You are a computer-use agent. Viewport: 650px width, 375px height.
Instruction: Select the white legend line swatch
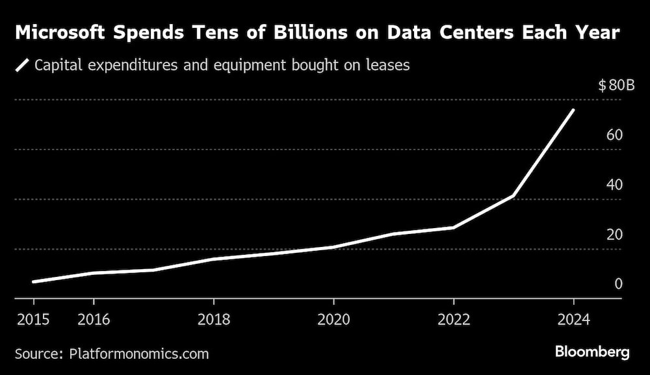23,65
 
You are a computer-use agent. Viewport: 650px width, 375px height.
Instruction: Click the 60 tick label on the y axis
615,135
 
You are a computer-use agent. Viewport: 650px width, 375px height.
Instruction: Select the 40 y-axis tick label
615,185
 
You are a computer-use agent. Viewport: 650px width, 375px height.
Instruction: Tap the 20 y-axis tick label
615,235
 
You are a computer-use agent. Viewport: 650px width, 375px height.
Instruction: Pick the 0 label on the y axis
619,284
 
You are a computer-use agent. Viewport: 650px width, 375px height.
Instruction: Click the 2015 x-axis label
34,319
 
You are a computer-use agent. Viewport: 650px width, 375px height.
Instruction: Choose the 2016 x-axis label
94,319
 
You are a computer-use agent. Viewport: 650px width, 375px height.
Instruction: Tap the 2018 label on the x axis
213,319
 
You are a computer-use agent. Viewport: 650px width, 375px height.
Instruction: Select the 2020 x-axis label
333,319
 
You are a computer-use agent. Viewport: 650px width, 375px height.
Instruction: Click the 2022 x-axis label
453,319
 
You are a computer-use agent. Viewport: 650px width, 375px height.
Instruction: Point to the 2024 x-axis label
573,319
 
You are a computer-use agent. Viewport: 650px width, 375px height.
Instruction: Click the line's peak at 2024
573,110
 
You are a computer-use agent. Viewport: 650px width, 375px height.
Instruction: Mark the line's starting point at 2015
34,282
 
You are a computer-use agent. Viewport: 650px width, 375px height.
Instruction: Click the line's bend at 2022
453,227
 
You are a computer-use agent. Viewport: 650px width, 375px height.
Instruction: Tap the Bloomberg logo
592,352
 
